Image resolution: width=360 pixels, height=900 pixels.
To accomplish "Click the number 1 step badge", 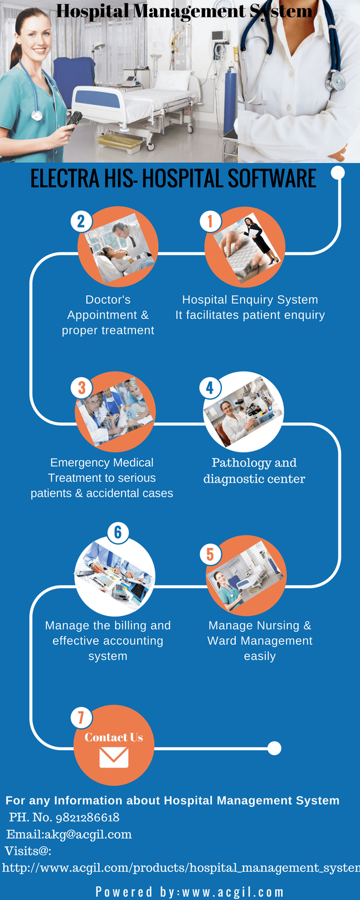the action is point(210,221).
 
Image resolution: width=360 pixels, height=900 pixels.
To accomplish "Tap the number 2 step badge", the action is point(81,221).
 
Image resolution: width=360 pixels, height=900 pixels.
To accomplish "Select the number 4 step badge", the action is point(210,388).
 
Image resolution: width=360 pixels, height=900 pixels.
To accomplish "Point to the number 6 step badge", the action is point(118,532).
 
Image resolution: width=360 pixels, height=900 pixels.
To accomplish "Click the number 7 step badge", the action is point(81,717).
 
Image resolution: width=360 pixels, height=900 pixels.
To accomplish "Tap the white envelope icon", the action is point(114,757).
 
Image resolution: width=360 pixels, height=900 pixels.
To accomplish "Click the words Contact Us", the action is point(114,737).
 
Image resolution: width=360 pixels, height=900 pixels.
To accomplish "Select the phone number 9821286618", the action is point(87,817).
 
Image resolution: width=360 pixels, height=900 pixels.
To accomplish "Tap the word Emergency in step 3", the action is point(74,463).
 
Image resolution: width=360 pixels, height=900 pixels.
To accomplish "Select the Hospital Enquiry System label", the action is point(250,300).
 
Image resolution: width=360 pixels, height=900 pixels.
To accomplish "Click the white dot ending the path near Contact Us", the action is point(274,748).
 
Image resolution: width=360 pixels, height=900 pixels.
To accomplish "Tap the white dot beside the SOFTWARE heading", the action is point(338,173).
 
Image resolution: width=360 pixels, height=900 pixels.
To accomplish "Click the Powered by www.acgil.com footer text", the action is point(189,892).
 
